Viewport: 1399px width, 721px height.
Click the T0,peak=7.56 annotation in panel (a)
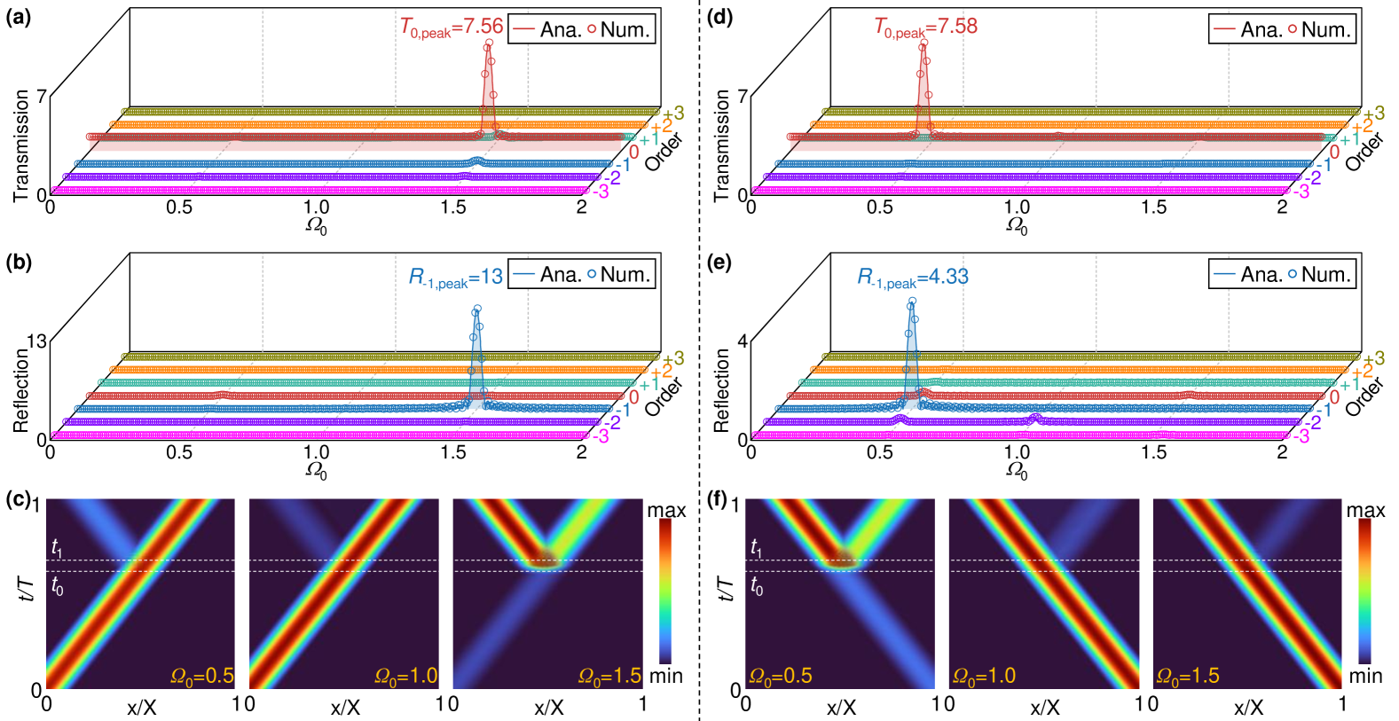pyautogui.click(x=452, y=28)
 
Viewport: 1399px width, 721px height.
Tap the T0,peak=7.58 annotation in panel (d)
pyautogui.click(x=926, y=27)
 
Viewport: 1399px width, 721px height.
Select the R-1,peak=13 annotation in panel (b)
pyautogui.click(x=455, y=278)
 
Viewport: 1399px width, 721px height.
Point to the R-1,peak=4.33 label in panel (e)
pyautogui.click(x=912, y=278)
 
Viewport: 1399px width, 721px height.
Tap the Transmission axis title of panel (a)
pyautogui.click(x=21, y=145)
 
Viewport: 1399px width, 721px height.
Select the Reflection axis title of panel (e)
pyautogui.click(x=721, y=390)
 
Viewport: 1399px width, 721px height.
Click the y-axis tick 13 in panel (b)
pyautogui.click(x=36, y=341)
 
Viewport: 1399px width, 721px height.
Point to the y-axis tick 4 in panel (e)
pyautogui.click(x=743, y=341)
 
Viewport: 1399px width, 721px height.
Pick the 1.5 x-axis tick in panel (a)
pyautogui.click(x=453, y=208)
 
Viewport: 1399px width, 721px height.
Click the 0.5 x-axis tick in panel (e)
pyautogui.click(x=880, y=451)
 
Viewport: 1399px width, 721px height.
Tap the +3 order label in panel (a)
pyautogui.click(x=673, y=114)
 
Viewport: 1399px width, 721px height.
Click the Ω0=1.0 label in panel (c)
pyautogui.click(x=405, y=677)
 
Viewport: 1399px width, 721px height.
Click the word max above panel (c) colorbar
pyautogui.click(x=666, y=511)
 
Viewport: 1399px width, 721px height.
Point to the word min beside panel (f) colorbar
pyautogui.click(x=1365, y=677)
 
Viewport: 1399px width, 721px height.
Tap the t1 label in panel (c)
pyautogui.click(x=57, y=548)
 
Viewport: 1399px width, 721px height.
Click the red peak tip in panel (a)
pyautogui.click(x=488, y=43)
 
